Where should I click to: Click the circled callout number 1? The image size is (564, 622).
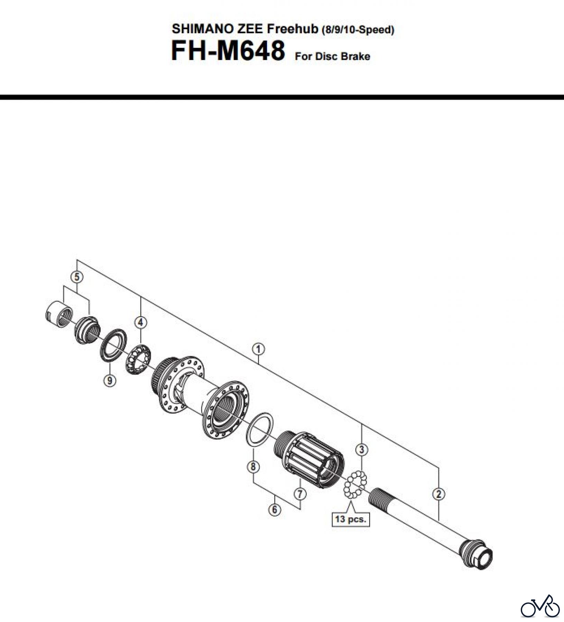tap(258, 349)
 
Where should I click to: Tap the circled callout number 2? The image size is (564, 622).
tap(438, 494)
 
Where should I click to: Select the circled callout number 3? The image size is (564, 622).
tap(362, 450)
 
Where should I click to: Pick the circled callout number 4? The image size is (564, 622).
tap(140, 322)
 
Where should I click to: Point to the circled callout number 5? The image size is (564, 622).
tap(77, 276)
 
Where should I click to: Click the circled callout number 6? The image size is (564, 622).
tap(275, 510)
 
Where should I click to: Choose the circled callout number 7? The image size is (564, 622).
tap(300, 493)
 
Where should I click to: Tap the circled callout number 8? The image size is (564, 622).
tap(253, 467)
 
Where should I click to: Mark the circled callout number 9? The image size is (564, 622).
tap(110, 380)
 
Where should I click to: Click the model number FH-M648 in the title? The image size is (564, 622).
tap(228, 51)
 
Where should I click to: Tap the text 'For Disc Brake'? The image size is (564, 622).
tap(332, 56)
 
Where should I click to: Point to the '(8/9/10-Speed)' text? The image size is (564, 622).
tap(358, 30)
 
